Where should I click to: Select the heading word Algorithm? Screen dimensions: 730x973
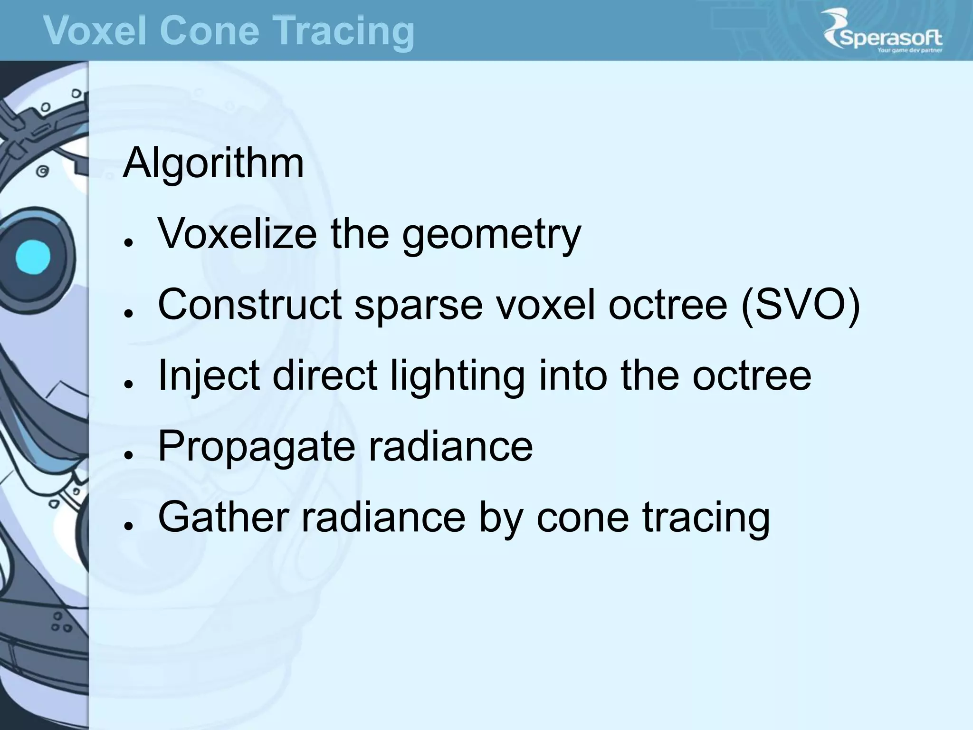coord(213,163)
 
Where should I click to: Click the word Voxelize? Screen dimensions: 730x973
coord(237,234)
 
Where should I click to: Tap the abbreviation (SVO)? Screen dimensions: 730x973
coord(801,305)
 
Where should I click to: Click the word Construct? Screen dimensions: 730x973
coord(249,305)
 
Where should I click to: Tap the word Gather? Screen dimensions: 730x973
coord(223,517)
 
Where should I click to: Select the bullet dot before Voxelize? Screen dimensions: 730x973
coord(127,242)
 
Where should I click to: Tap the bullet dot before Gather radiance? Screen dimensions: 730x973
coord(127,526)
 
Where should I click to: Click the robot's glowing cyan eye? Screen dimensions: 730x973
coord(32,257)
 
